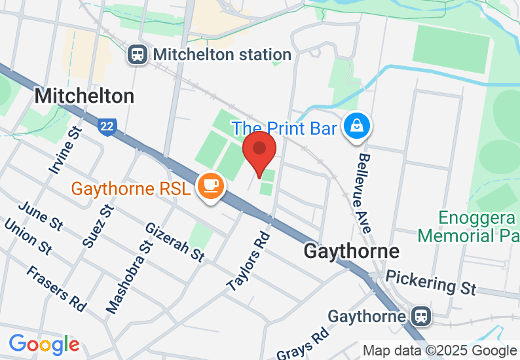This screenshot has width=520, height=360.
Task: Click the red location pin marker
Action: [x=260, y=152]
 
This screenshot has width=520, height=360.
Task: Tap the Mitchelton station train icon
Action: [x=138, y=54]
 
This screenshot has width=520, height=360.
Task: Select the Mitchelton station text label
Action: [x=222, y=54]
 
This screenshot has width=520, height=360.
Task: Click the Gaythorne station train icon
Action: [x=422, y=317]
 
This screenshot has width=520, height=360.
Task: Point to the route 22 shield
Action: [x=107, y=126]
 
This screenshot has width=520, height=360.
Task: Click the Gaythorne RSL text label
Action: [x=131, y=189]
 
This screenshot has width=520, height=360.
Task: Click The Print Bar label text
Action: [x=284, y=128]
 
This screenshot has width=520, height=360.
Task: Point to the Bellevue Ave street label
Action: [x=364, y=193]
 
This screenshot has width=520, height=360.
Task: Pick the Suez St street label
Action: [x=98, y=225]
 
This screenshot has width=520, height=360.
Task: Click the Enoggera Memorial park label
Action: [x=468, y=226]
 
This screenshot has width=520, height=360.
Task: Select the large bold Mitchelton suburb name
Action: [x=84, y=96]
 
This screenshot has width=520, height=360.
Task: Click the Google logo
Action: [x=44, y=344]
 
